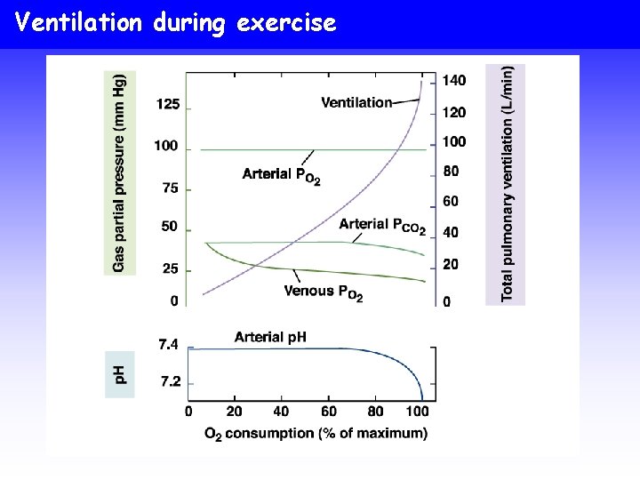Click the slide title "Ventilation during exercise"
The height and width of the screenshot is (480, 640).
click(x=176, y=22)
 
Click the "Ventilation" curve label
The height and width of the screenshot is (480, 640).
click(x=356, y=102)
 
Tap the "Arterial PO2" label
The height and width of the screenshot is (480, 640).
click(x=281, y=175)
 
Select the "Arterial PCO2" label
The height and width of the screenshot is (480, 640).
click(x=382, y=225)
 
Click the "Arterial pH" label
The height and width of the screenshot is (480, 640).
click(x=270, y=336)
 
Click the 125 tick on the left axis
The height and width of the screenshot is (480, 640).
click(x=168, y=104)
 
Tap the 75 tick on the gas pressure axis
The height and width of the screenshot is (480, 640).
click(x=168, y=188)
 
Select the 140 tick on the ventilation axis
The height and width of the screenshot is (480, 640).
click(x=453, y=81)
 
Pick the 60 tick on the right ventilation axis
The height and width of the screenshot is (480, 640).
click(x=451, y=202)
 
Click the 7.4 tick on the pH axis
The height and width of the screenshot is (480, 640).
click(x=170, y=344)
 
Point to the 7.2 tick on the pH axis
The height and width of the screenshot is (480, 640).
click(x=170, y=381)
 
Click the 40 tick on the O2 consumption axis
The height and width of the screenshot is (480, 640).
click(x=282, y=412)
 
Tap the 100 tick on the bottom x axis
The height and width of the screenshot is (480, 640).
click(x=417, y=412)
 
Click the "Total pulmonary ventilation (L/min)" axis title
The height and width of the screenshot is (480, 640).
click(x=507, y=183)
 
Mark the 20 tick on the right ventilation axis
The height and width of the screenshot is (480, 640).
click(x=451, y=264)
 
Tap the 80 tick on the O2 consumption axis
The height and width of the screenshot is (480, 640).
click(x=375, y=412)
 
